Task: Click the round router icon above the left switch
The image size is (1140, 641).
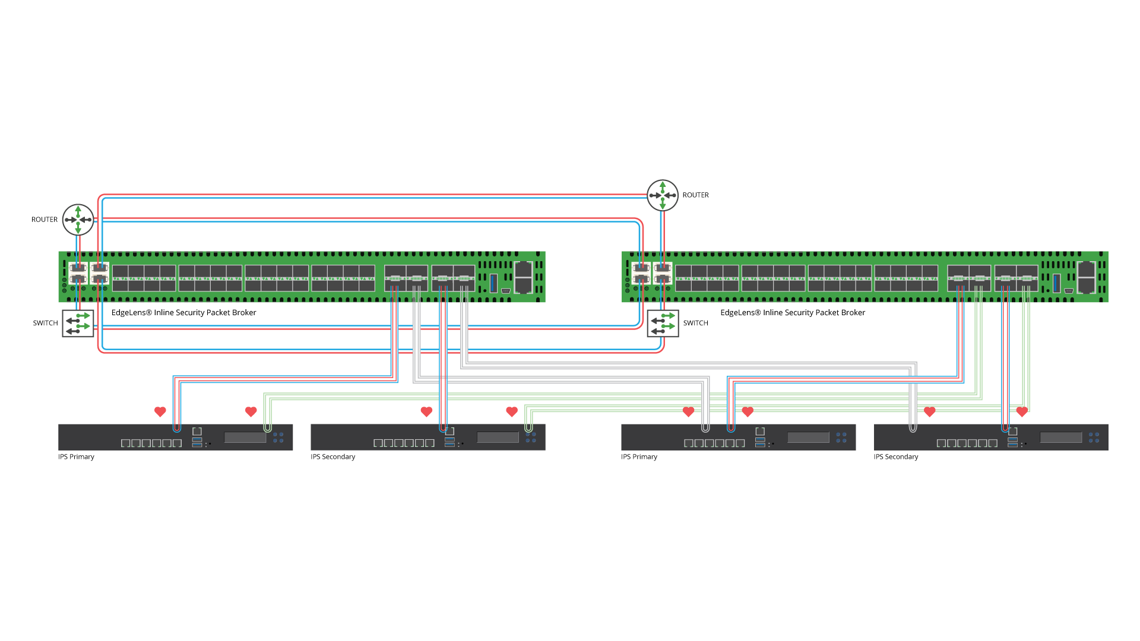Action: click(78, 220)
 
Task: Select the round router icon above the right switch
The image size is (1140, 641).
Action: click(663, 195)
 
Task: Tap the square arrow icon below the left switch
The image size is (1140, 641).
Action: click(78, 323)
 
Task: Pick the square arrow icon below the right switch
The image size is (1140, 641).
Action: click(663, 323)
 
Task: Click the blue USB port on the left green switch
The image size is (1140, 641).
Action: click(493, 283)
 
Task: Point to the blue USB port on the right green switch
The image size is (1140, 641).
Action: click(1056, 283)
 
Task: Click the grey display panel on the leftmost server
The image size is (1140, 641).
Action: click(245, 437)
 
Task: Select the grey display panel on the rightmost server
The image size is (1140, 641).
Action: click(1061, 437)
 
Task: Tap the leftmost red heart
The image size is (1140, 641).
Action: click(160, 411)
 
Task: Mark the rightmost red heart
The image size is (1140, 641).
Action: click(1022, 411)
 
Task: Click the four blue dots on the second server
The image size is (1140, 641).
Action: click(531, 437)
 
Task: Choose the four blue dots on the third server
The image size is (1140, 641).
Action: click(841, 437)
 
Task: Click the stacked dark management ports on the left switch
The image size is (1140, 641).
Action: click(523, 277)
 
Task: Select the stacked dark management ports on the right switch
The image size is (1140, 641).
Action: click(1086, 277)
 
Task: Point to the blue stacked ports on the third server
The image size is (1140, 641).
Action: click(760, 442)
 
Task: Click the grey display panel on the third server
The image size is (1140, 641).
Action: click(808, 437)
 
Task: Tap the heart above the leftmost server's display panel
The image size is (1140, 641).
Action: click(251, 411)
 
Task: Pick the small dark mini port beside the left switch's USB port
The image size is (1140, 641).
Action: click(506, 291)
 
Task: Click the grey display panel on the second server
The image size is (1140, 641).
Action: click(498, 437)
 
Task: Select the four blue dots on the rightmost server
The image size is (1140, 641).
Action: click(1094, 437)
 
